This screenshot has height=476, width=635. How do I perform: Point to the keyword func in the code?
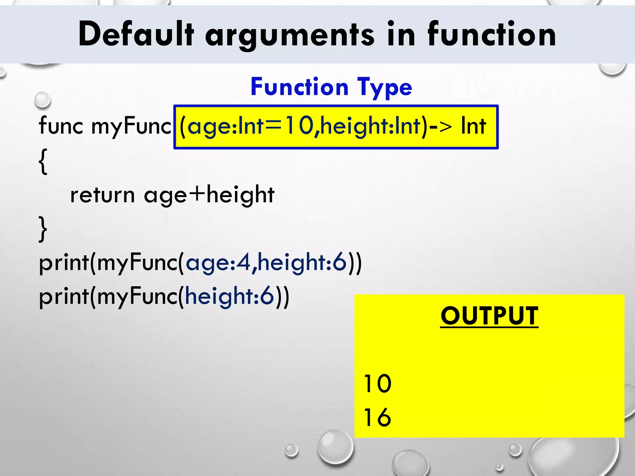tap(61, 126)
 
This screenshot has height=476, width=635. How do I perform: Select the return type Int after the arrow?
tap(473, 126)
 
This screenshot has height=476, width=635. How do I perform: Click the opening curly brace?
tap(43, 161)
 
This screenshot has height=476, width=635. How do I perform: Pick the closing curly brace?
tap(43, 229)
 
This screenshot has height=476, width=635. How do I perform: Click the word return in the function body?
tap(102, 195)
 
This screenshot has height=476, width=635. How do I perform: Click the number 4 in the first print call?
tap(243, 262)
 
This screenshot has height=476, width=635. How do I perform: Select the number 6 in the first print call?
tap(339, 262)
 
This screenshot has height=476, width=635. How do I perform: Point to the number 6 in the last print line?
tap(267, 296)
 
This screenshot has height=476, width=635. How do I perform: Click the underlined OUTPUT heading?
tap(489, 316)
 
